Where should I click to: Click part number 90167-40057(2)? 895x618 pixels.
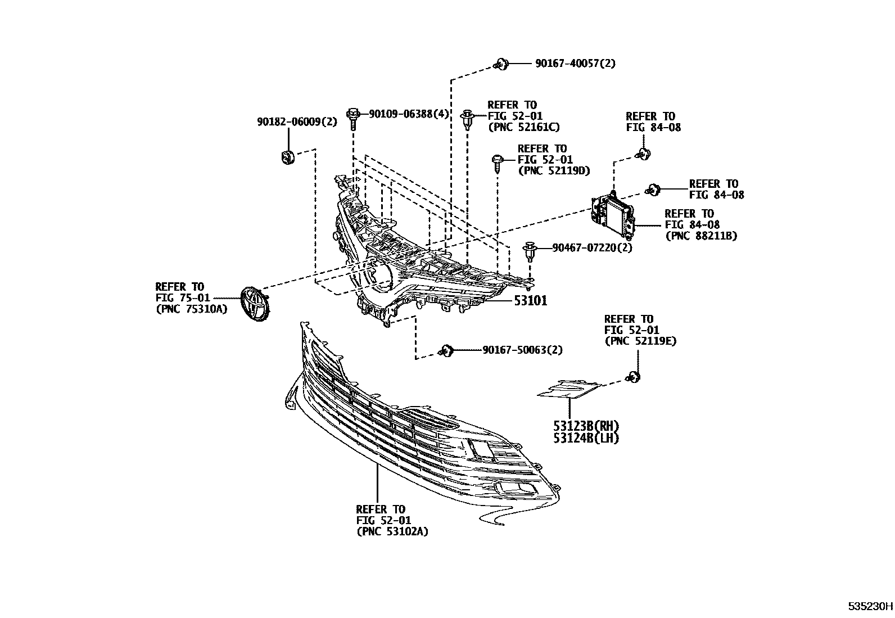575,64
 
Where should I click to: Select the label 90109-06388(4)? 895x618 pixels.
409,114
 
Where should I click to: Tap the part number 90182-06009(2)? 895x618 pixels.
297,121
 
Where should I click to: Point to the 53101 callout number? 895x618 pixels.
530,301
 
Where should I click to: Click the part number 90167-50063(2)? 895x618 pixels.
522,350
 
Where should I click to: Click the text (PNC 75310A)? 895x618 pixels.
191,308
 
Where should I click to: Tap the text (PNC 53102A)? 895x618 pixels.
392,531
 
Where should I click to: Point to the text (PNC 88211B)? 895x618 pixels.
700,236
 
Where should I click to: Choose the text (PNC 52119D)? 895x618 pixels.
553,171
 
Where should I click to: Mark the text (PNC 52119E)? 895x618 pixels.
640,341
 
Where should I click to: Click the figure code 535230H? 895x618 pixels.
870,607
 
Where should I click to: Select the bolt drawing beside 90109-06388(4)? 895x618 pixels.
353,118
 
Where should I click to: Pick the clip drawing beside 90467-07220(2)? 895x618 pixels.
530,251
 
